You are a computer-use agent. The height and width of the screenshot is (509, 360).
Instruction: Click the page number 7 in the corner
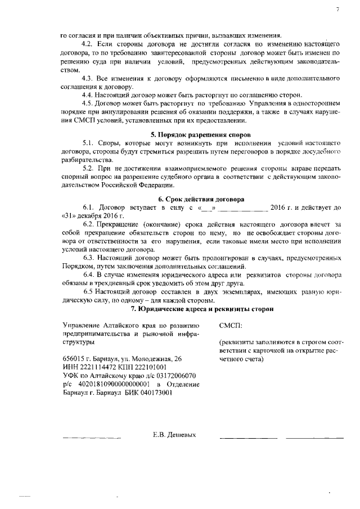coord(337,10)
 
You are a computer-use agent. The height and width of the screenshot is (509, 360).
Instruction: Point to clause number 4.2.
coord(89,43)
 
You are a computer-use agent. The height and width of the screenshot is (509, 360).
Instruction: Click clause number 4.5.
coord(89,103)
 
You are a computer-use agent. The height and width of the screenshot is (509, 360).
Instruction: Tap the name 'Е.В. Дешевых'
coord(174,435)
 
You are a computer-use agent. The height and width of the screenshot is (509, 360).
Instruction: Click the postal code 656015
coord(74,358)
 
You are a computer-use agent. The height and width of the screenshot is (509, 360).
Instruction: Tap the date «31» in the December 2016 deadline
coord(69,215)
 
